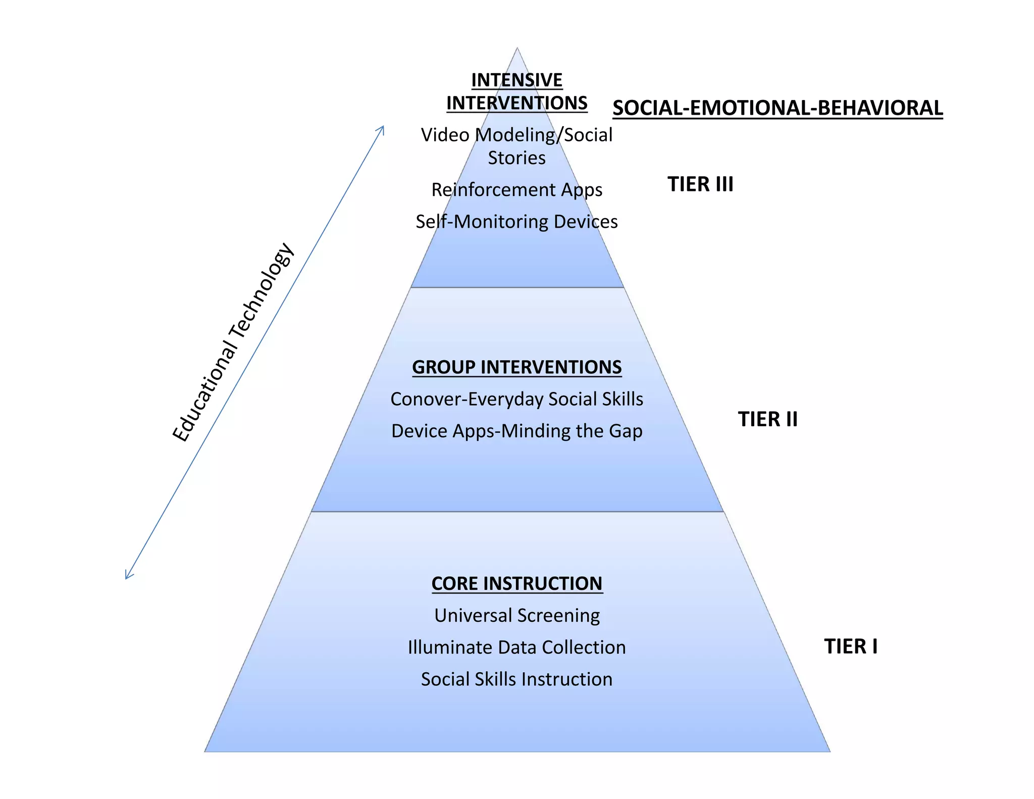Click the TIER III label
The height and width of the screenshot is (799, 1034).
tap(700, 184)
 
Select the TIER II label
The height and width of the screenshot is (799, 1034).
tap(767, 419)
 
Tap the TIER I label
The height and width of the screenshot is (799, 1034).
tap(851, 646)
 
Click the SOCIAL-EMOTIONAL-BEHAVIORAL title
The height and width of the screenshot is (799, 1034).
tap(778, 108)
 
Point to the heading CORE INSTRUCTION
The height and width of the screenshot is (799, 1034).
tap(516, 583)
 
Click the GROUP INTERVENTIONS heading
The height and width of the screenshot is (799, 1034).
tap(516, 367)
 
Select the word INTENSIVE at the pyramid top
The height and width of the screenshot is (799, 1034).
tap(516, 80)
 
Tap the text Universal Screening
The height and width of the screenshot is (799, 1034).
tap(516, 615)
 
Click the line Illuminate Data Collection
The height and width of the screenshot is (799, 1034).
tap(516, 647)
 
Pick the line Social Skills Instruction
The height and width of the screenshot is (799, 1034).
tap(516, 679)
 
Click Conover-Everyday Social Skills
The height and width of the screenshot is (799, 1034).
tap(516, 399)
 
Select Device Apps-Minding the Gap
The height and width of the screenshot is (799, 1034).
tap(516, 431)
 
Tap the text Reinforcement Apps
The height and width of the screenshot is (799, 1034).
tap(516, 189)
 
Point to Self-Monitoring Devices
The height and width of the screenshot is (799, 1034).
tap(516, 221)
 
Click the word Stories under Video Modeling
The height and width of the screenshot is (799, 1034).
tap(516, 158)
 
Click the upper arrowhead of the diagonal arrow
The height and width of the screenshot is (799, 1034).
tap(382, 128)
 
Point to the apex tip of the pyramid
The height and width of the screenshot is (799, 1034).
tap(517, 49)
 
